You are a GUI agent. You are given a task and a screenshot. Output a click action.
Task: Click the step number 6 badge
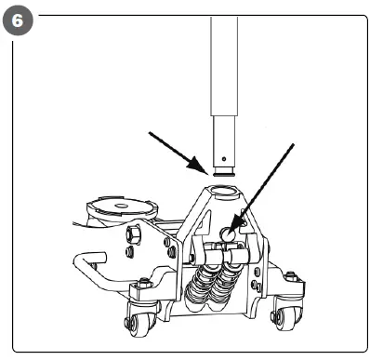(18, 18)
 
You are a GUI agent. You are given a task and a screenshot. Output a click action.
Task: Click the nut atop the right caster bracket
(291, 276)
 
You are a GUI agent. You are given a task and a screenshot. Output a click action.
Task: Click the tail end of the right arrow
(292, 145)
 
